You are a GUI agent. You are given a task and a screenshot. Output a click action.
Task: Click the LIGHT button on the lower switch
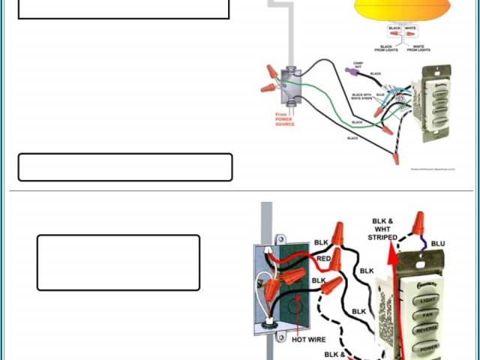(x=427, y=299)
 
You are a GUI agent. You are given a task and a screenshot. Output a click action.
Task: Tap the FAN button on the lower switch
(x=427, y=317)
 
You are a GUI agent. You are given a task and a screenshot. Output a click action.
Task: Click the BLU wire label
(x=438, y=244)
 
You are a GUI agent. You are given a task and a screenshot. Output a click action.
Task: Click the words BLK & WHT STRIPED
(x=382, y=229)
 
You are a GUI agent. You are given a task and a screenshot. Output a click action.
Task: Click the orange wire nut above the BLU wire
(x=418, y=222)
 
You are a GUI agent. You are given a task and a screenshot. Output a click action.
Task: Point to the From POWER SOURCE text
(x=285, y=118)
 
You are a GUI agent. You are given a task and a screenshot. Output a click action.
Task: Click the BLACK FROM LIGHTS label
(x=386, y=48)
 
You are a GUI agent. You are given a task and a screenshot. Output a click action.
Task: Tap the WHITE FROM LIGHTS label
(x=418, y=48)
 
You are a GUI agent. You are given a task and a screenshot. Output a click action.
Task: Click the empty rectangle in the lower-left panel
(x=118, y=262)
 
